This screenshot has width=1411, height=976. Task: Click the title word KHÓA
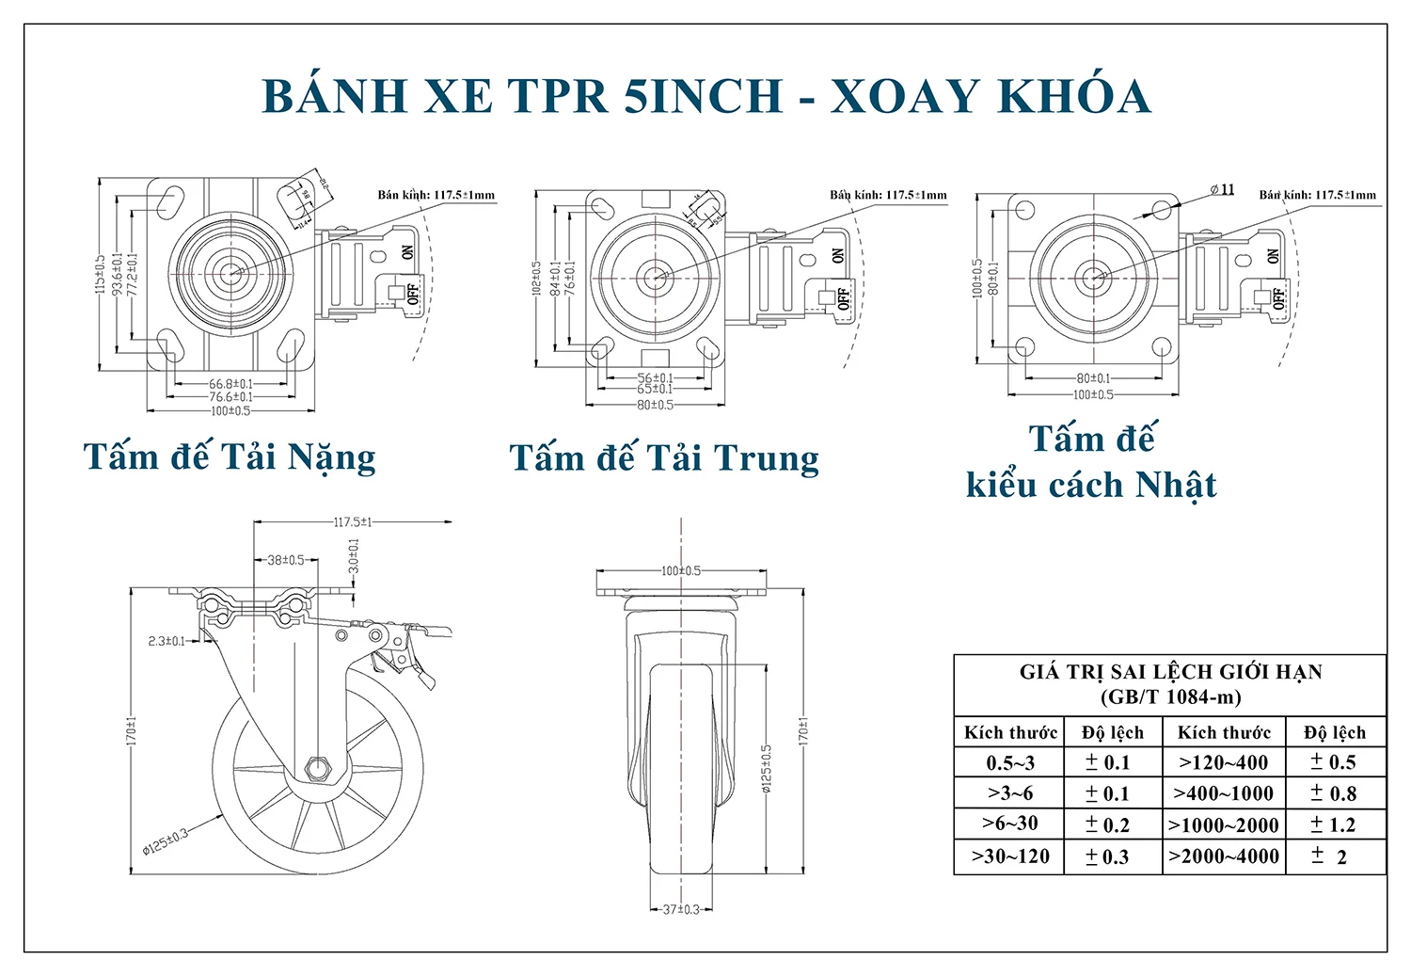1072,96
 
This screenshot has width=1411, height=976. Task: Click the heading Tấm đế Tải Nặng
230,457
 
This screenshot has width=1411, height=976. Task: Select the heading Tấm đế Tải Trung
664,458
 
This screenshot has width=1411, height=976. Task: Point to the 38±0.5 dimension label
286,560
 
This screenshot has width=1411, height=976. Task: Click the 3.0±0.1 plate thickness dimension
354,556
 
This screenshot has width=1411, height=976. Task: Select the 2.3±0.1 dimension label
167,641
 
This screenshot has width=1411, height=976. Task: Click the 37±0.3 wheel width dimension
680,910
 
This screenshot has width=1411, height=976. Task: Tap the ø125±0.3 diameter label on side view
166,840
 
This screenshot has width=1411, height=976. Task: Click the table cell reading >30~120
1010,856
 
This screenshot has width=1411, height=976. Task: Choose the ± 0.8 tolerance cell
1333,793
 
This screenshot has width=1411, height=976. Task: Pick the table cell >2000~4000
1223,856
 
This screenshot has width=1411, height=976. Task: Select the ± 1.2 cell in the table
1333,825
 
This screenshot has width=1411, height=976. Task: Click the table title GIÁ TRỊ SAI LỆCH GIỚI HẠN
1170,672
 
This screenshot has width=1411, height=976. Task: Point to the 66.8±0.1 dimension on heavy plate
230,384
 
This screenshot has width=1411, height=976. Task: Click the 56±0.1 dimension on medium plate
655,378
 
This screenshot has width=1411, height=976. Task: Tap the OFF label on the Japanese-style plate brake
1277,298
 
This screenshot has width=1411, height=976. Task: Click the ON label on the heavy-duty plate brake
407,252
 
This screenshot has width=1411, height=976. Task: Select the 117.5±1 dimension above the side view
353,522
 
